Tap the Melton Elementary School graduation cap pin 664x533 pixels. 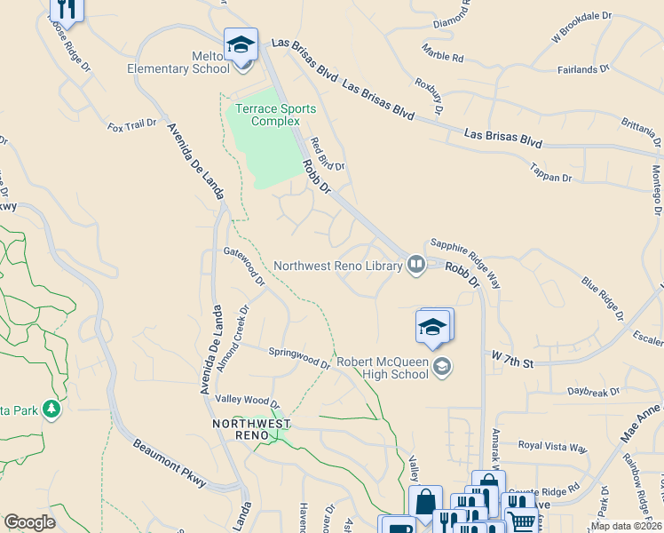click(x=241, y=45)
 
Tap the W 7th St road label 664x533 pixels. click(x=511, y=363)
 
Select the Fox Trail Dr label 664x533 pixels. click(x=132, y=126)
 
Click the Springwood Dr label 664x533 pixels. click(x=299, y=357)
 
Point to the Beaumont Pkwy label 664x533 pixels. click(x=170, y=463)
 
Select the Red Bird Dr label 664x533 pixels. click(x=326, y=154)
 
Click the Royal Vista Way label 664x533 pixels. click(x=552, y=447)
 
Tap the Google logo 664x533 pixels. click(x=29, y=522)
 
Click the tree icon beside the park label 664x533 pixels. click(x=52, y=409)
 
